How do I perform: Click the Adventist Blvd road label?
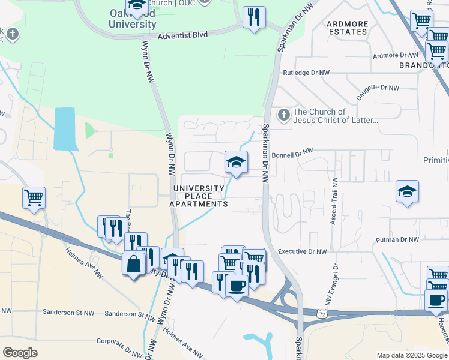[182, 35]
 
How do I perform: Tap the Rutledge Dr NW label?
[306, 73]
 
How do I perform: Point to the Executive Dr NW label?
[303, 252]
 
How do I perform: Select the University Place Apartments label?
[198, 196]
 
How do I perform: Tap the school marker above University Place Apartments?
[236, 162]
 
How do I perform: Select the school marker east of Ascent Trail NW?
[407, 192]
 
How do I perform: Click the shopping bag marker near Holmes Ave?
[133, 263]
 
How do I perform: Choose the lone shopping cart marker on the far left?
[34, 197]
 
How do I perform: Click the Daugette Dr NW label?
[377, 88]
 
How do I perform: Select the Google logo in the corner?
[20, 353]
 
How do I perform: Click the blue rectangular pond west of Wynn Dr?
[65, 128]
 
